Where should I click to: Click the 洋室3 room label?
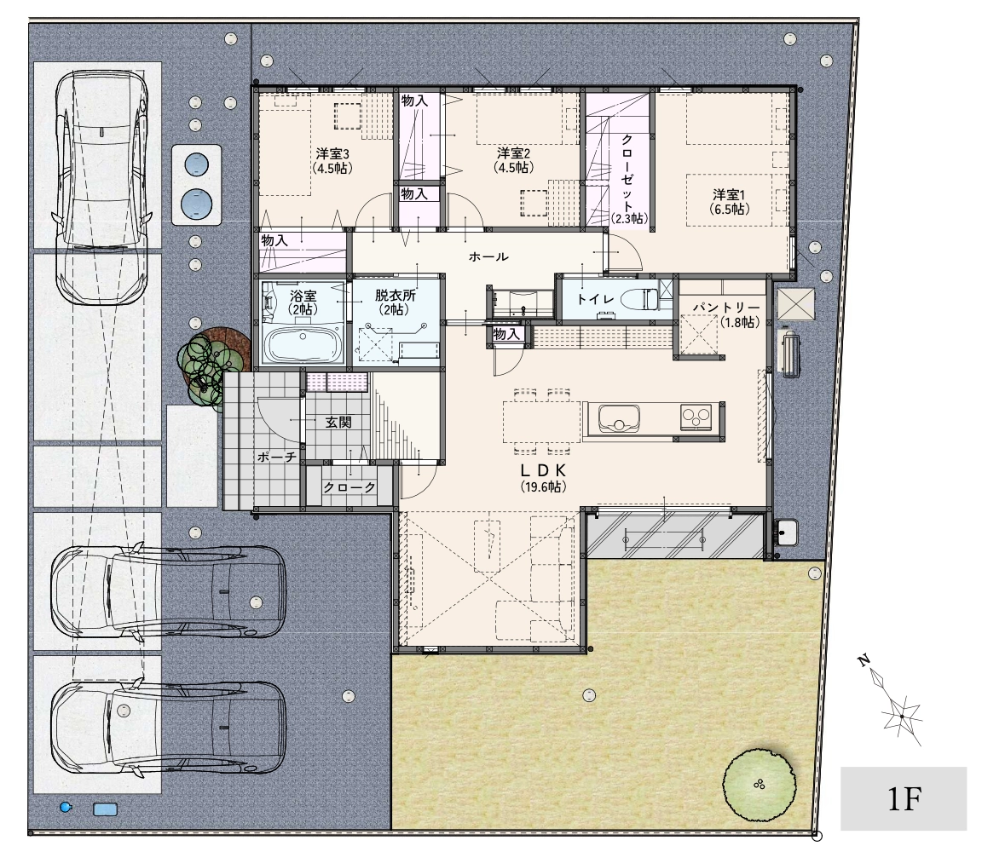point(332,154)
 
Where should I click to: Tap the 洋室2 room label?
point(514,153)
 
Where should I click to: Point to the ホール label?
point(488,256)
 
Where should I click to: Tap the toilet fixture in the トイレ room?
point(638,298)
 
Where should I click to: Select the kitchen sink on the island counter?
point(619,418)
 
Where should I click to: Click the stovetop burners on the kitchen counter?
point(696,417)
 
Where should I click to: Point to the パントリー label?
point(726,308)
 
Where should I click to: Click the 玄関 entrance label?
point(338,423)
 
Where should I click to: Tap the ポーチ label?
point(277,458)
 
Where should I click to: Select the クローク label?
point(349,487)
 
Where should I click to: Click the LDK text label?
point(543,471)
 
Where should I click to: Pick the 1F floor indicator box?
point(904,799)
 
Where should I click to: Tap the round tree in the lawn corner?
point(760,785)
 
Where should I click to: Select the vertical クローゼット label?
point(627,173)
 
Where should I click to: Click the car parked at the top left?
point(102,187)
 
